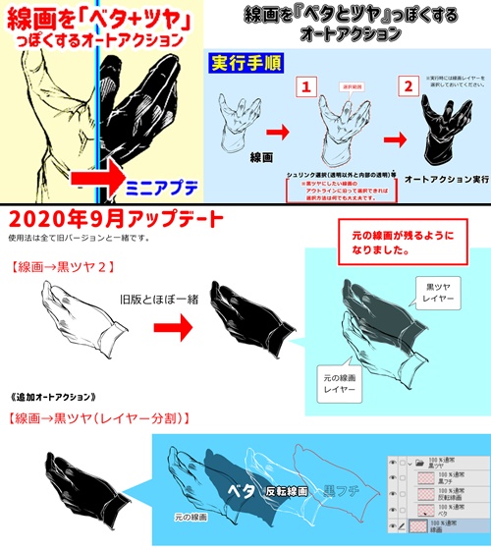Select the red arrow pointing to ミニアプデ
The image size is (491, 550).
pyautogui.click(x=107, y=182)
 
